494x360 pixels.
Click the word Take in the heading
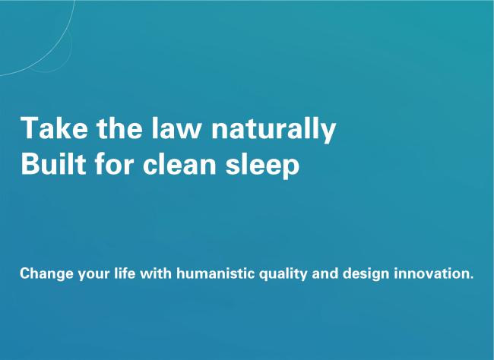(54, 128)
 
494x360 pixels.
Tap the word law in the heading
(176, 128)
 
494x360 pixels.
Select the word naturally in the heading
(273, 129)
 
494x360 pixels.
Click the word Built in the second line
(53, 163)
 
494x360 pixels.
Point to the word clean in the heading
(179, 163)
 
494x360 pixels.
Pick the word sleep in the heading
(262, 166)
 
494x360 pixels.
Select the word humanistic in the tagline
(216, 273)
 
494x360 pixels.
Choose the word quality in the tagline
(283, 274)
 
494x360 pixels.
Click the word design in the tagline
(366, 274)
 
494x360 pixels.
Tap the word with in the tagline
(156, 273)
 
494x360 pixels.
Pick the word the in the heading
(119, 128)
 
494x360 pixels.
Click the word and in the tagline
(325, 273)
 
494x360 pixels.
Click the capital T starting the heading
(30, 128)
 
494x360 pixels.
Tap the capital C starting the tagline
(24, 273)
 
